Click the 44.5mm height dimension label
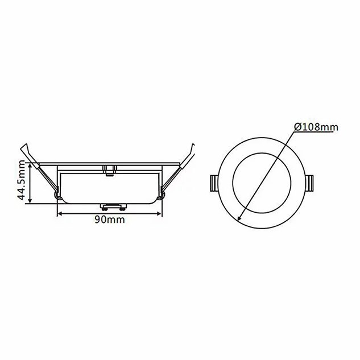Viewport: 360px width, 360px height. click(x=22, y=180)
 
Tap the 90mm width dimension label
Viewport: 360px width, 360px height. click(x=110, y=220)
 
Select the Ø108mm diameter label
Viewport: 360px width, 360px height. click(x=317, y=127)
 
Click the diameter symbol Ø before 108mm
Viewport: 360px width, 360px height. click(x=298, y=127)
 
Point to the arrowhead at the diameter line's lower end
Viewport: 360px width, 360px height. click(x=239, y=218)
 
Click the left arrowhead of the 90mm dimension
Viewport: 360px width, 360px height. click(x=60, y=214)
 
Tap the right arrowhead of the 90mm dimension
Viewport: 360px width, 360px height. click(x=159, y=214)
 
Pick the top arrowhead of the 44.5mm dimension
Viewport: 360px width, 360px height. click(x=30, y=165)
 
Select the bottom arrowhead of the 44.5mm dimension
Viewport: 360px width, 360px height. click(x=30, y=201)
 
